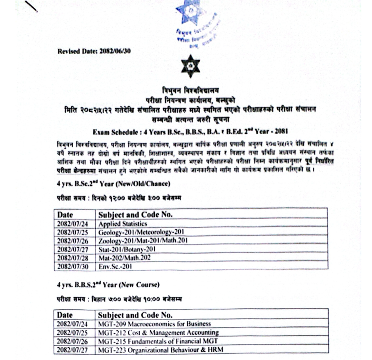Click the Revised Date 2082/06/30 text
[x=94, y=51]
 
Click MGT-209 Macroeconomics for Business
[x=155, y=324]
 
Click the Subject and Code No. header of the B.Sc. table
[x=135, y=215]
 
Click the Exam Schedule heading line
[x=191, y=132]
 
